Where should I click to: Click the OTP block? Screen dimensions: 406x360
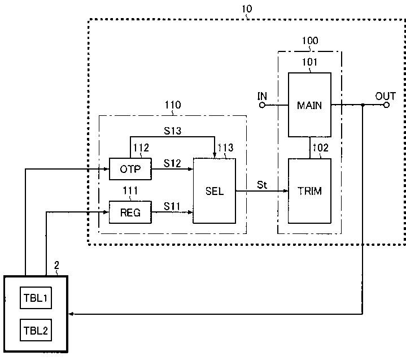pos(130,169)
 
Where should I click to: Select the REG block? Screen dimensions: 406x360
pos(130,212)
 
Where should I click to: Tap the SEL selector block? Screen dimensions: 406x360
pos(215,191)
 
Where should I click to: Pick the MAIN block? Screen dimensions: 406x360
pos(309,105)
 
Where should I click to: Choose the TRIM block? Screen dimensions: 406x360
pos(309,191)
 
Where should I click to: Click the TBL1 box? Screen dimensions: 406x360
pos(36,298)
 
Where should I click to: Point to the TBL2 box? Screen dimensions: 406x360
pos(36,330)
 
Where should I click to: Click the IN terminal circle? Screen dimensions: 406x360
pos(263,105)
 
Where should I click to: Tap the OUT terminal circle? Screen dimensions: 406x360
pos(386,105)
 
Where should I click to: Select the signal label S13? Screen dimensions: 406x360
pos(172,131)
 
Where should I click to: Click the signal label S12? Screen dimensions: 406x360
pos(172,163)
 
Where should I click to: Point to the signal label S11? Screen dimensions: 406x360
pos(172,206)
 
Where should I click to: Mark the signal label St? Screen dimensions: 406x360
pos(262,185)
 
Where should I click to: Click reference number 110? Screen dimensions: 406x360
pos(173,105)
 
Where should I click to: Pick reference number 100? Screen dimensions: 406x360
pos(310,41)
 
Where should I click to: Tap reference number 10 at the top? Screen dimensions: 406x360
pos(247,9)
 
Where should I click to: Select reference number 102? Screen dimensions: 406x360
pos(321,148)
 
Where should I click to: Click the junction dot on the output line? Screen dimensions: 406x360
pos(363,105)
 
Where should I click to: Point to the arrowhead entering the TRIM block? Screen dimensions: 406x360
pos(286,191)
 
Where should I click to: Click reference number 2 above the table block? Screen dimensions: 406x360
pos(56,265)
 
